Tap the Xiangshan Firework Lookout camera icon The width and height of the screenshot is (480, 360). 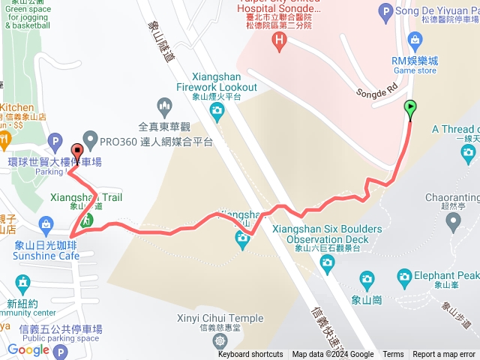[x=217, y=113]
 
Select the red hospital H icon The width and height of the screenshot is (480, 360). [x=280, y=38]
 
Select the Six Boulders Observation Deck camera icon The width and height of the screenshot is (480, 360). [x=326, y=262]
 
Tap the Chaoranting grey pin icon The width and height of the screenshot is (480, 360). [x=454, y=220]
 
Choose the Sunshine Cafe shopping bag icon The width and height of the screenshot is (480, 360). [x=46, y=223]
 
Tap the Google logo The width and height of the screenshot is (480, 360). [x=28, y=349]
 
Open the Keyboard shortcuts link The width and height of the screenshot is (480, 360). [x=250, y=355]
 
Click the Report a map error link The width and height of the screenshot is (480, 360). [x=444, y=355]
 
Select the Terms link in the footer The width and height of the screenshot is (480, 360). [x=393, y=355]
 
